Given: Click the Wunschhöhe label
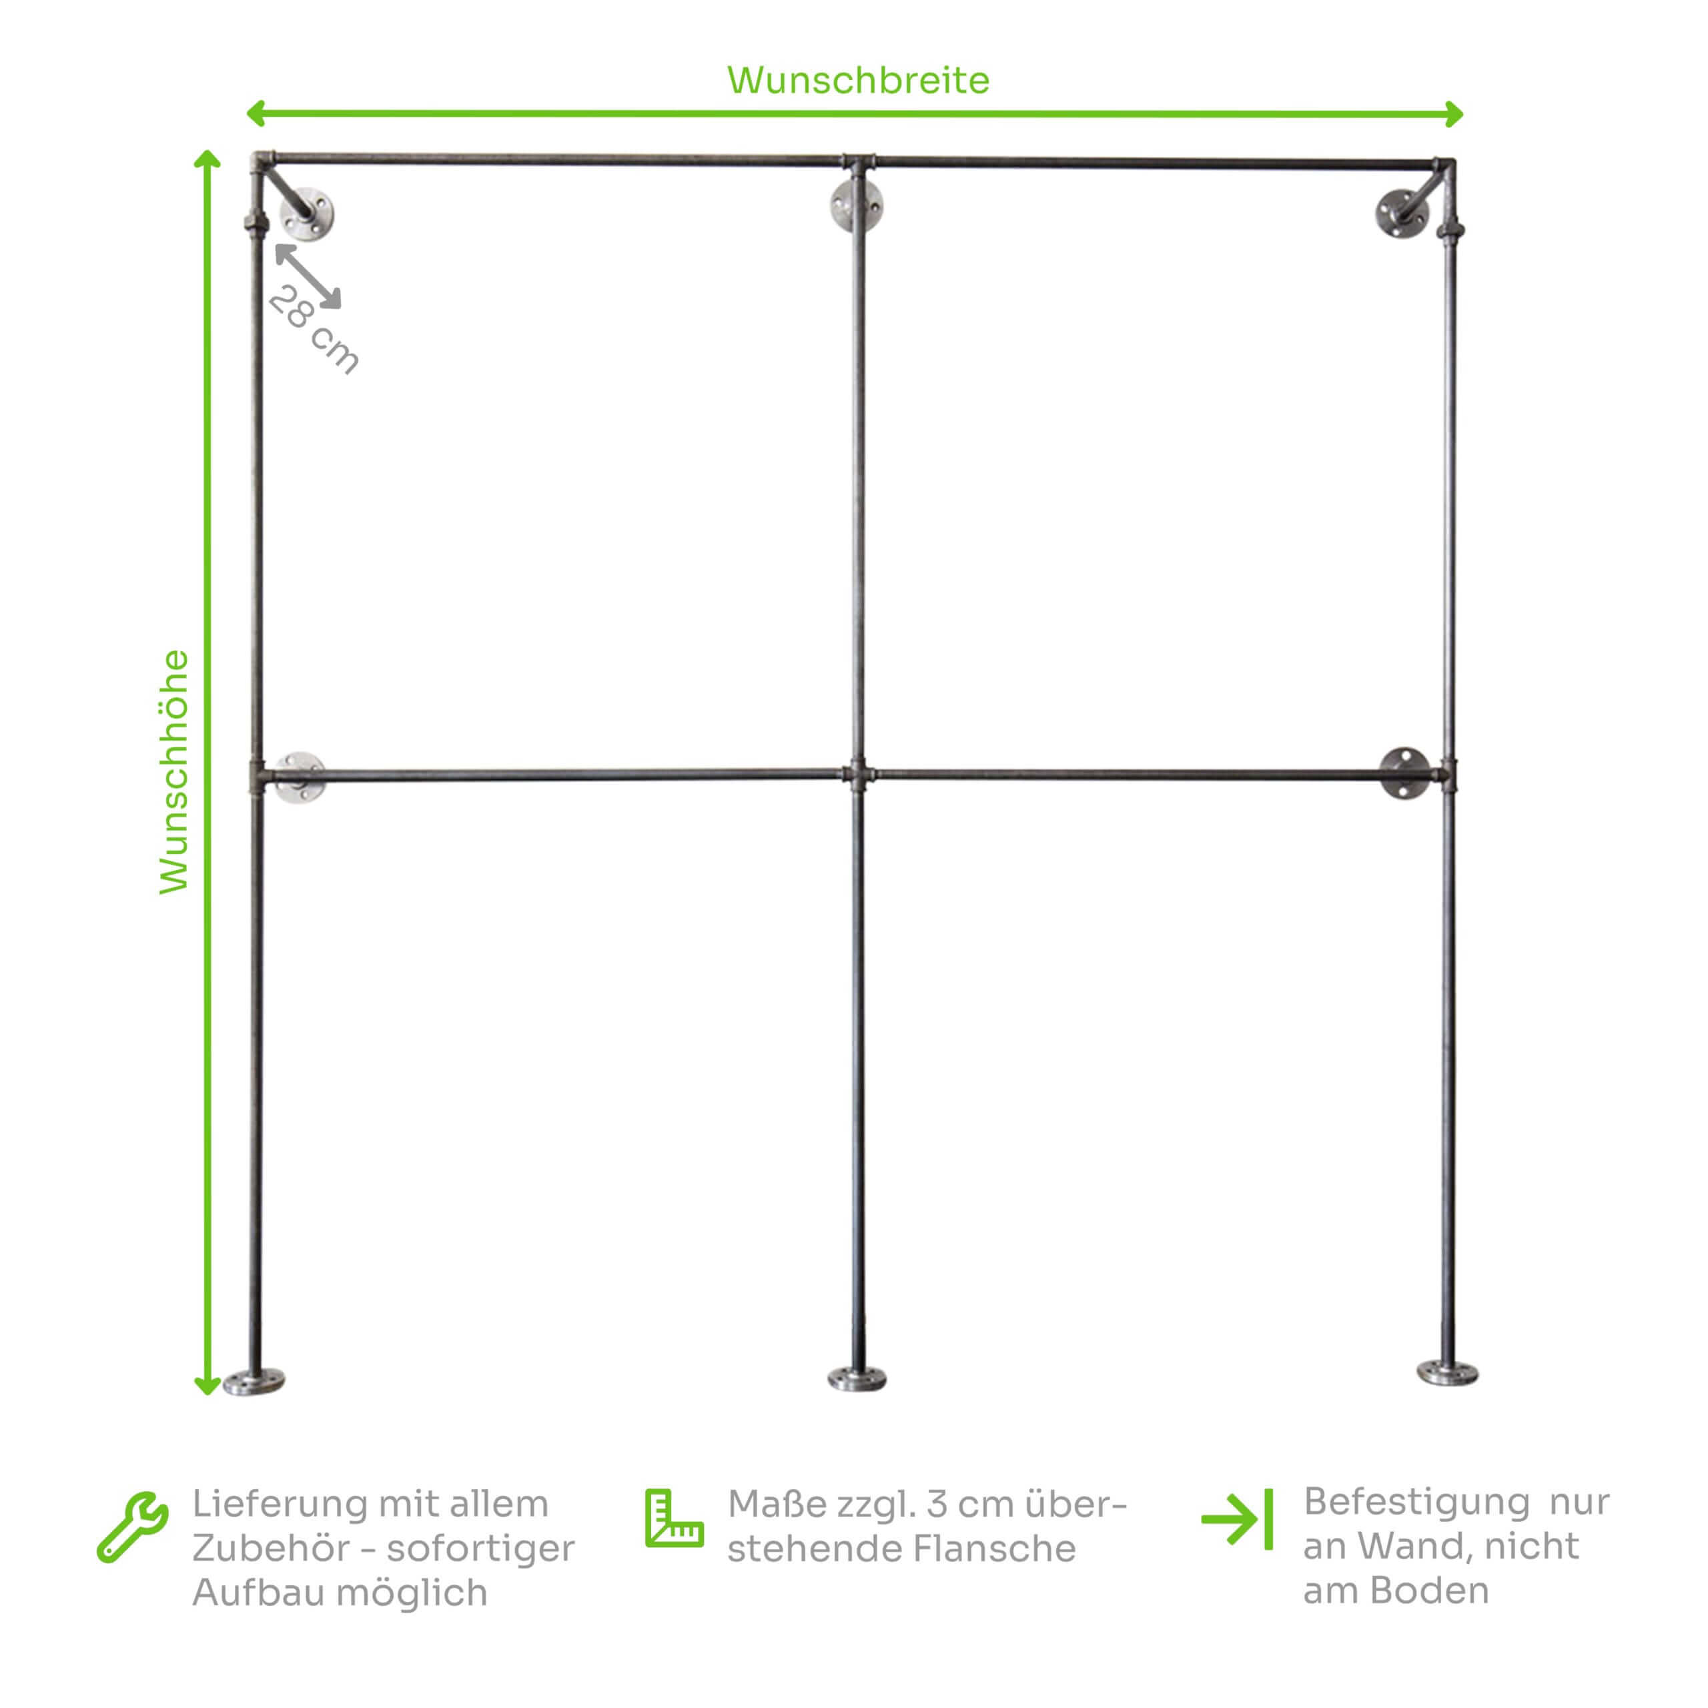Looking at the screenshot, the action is click(x=174, y=772).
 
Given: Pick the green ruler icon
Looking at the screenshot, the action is click(x=674, y=1518).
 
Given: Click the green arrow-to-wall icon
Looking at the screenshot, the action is click(x=1238, y=1519).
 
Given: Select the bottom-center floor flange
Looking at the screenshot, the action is click(x=857, y=1378).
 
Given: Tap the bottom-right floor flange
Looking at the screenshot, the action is click(x=1447, y=1373).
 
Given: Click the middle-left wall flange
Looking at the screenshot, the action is click(x=300, y=777).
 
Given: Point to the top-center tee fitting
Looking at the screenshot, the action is click(x=857, y=163).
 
